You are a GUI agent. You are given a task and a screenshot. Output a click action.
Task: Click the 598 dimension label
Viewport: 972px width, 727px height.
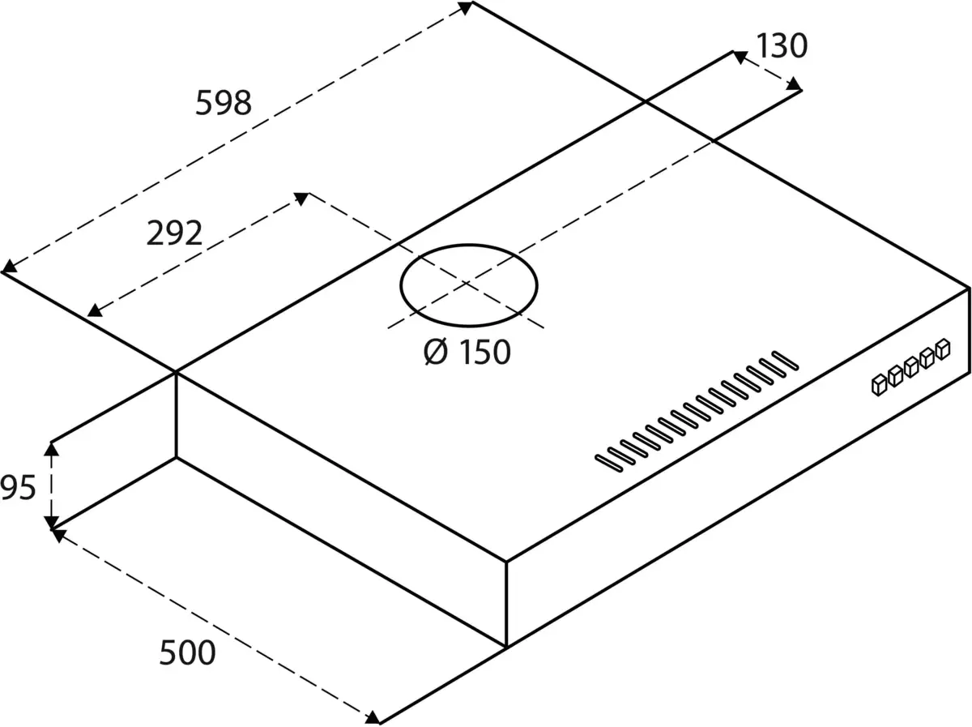[x=224, y=103]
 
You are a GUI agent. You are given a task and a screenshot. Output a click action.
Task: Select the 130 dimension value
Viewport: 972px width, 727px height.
[x=782, y=46]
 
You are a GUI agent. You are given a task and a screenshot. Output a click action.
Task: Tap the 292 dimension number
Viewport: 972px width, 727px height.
[x=173, y=233]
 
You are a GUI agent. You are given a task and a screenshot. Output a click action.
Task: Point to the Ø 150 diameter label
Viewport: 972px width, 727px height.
[x=467, y=352]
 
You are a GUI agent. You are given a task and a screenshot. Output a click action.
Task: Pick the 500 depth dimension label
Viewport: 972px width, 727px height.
[x=187, y=652]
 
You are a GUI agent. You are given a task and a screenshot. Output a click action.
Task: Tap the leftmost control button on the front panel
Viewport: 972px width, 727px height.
[x=880, y=384]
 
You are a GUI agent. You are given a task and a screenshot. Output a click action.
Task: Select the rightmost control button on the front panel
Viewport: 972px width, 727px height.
[x=942, y=349]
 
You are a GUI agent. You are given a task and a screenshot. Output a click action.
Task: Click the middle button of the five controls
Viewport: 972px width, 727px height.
[x=911, y=366]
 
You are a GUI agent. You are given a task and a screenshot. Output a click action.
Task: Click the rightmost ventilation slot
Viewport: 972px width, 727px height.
[x=783, y=359]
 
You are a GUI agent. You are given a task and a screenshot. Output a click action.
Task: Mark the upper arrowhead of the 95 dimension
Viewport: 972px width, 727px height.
[x=52, y=448]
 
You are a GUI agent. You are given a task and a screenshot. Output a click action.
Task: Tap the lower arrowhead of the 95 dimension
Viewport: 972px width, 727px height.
[x=52, y=523]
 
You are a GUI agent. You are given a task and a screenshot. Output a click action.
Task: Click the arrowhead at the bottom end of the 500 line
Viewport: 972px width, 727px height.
[x=373, y=717]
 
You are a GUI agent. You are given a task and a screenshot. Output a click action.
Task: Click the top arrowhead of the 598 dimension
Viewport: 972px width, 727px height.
[x=465, y=7]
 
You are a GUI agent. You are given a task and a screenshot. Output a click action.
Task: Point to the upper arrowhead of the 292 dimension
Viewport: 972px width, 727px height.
[x=301, y=197]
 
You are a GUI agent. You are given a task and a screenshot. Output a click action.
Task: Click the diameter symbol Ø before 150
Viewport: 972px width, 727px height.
[x=436, y=352]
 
